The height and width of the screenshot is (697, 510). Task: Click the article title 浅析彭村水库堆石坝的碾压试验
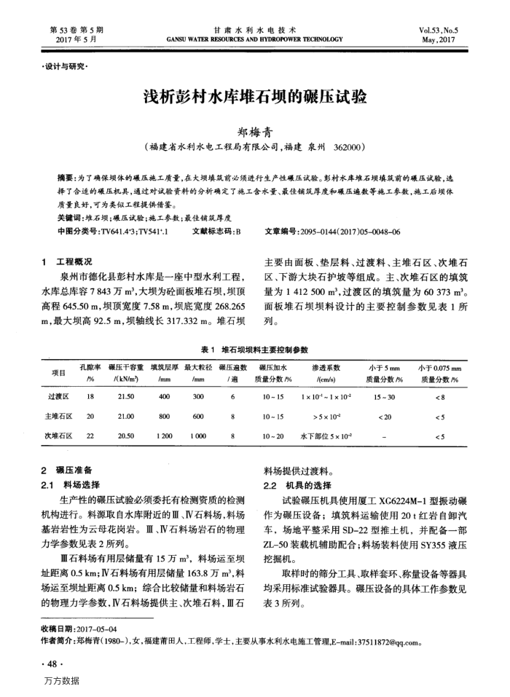tap(254, 98)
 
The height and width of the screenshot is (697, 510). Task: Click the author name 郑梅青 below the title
tap(254, 133)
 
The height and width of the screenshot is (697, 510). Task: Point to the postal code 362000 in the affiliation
tap(348, 147)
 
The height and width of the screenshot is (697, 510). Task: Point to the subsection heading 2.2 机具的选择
tap(293, 485)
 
